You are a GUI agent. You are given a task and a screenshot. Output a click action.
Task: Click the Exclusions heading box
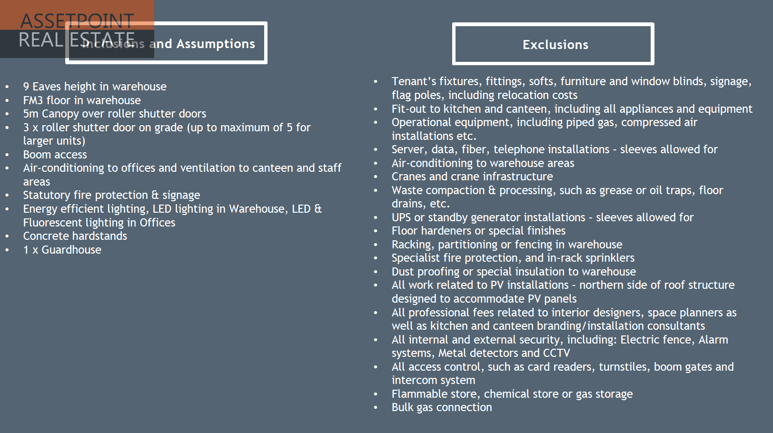[x=553, y=44]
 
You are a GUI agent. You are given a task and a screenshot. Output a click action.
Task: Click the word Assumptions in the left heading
[x=216, y=44]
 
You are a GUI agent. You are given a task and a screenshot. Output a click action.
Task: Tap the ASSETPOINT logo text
[x=77, y=21]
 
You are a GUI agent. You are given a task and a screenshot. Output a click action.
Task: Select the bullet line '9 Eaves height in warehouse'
[x=95, y=87]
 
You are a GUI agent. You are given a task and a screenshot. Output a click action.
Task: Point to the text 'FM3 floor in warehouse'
[x=82, y=100]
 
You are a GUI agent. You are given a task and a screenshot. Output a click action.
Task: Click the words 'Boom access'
[x=55, y=155]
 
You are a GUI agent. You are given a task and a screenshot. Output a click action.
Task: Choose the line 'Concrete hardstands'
[x=75, y=236]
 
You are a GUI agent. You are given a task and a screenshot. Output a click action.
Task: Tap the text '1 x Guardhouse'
[x=62, y=250]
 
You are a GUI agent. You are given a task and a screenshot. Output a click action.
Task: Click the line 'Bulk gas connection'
[x=442, y=407]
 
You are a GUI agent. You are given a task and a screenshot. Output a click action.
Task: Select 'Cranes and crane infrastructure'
[x=472, y=177]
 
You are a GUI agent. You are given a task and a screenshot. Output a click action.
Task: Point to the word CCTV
[x=556, y=353]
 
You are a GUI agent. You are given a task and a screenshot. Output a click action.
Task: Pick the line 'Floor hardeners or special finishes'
[x=478, y=231]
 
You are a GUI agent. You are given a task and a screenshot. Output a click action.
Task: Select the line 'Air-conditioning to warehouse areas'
[x=483, y=163]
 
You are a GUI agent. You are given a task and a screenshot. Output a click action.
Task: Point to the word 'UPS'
[x=401, y=217]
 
